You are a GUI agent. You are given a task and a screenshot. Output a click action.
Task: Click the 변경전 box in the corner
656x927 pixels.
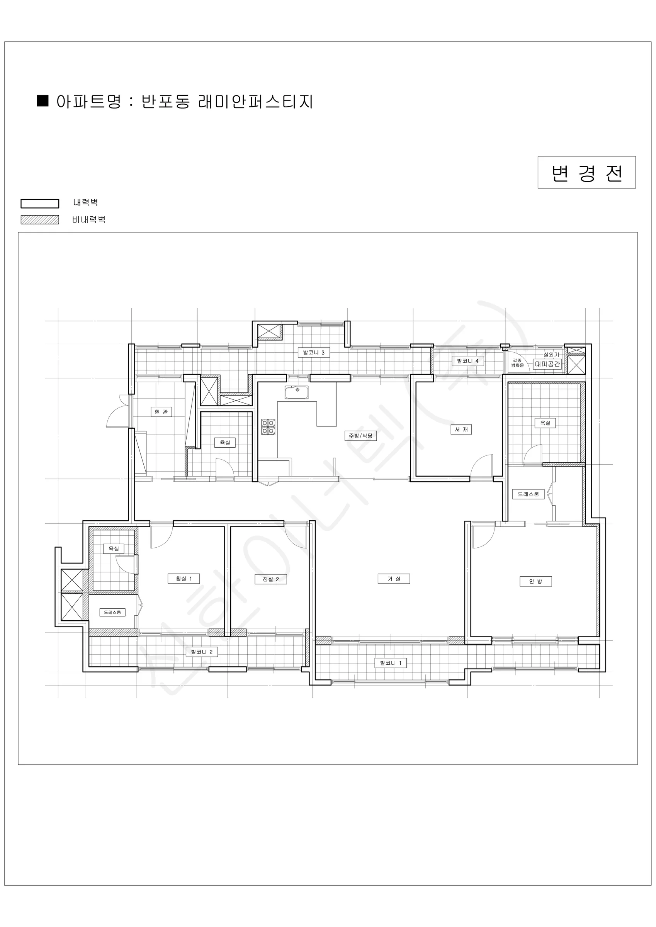pyautogui.click(x=586, y=172)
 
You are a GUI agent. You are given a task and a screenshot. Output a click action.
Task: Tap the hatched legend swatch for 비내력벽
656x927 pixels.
pyautogui.click(x=39, y=220)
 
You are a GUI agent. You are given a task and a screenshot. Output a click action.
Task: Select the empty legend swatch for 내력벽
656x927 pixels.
pyautogui.click(x=39, y=204)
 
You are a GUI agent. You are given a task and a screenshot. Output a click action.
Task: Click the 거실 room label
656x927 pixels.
pyautogui.click(x=394, y=579)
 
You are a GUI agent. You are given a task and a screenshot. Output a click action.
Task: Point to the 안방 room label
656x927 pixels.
pyautogui.click(x=535, y=581)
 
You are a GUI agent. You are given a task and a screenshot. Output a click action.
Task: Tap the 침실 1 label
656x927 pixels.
pyautogui.click(x=184, y=579)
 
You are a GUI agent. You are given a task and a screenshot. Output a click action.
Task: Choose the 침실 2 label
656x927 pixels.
pyautogui.click(x=271, y=579)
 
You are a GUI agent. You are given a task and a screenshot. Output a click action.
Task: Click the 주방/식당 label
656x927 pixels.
pyautogui.click(x=361, y=436)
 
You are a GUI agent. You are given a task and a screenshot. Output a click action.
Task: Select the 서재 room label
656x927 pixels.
pyautogui.click(x=461, y=429)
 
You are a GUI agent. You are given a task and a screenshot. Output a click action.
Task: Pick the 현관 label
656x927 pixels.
pyautogui.click(x=161, y=412)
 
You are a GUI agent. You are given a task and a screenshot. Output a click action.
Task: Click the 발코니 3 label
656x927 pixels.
pyautogui.click(x=314, y=353)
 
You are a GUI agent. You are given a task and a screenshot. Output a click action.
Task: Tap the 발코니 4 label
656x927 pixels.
pyautogui.click(x=468, y=361)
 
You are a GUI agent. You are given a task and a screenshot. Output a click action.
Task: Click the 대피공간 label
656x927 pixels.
pyautogui.click(x=547, y=364)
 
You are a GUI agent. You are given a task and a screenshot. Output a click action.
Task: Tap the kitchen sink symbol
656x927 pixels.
pyautogui.click(x=296, y=392)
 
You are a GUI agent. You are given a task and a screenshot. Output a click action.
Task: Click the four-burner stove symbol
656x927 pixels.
pyautogui.click(x=268, y=427)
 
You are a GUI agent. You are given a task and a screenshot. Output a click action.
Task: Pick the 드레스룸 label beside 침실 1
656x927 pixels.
pyautogui.click(x=113, y=612)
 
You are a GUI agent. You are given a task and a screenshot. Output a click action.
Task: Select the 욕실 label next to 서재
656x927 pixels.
pyautogui.click(x=545, y=423)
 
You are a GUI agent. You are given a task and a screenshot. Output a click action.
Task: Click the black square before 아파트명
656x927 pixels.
pyautogui.click(x=43, y=100)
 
